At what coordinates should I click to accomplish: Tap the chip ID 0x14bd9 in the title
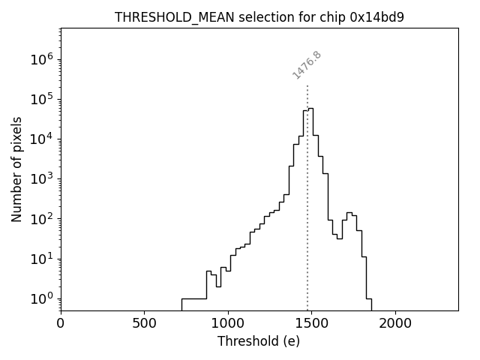377,17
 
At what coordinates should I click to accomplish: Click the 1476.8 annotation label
307,65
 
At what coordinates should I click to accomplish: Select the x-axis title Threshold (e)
259,341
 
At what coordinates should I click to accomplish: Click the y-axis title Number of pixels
16,169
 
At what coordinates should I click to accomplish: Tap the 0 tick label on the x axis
61,324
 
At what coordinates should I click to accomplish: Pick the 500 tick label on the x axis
144,324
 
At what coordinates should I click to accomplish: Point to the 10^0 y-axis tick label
42,299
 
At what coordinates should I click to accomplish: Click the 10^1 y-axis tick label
42,259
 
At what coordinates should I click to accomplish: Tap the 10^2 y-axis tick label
42,219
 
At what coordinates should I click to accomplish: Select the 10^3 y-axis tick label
42,179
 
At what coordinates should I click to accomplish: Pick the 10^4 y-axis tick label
42,139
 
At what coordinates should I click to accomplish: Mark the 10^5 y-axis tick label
42,100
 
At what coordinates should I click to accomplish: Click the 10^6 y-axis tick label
42,60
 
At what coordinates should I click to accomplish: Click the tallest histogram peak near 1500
310,108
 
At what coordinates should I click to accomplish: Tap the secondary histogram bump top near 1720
349,212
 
